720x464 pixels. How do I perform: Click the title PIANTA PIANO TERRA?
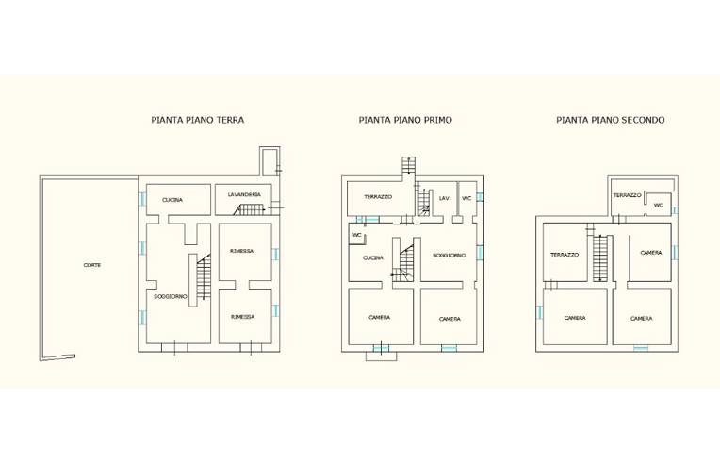[x=198, y=120]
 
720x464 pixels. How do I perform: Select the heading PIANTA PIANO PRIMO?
[x=405, y=120]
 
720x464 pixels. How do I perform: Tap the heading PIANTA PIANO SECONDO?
[x=611, y=120]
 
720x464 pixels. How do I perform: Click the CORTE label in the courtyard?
[x=91, y=265]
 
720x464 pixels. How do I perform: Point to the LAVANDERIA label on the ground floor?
[x=244, y=195]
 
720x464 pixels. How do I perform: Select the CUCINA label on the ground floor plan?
[x=172, y=200]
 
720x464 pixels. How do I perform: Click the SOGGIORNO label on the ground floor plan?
[x=171, y=297]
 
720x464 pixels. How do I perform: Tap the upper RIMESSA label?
[x=242, y=251]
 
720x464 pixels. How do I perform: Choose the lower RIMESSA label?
[x=242, y=317]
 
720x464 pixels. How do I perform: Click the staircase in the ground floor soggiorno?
[x=204, y=277]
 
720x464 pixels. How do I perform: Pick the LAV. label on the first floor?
[x=445, y=198]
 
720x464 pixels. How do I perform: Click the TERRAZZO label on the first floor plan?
[x=378, y=196]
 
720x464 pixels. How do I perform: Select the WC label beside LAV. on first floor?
[x=466, y=198]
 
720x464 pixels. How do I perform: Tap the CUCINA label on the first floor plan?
[x=373, y=258]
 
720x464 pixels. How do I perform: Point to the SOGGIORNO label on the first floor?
[x=450, y=255]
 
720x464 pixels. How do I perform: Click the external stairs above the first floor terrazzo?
[x=408, y=165]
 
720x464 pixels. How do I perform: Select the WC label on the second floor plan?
[x=658, y=206]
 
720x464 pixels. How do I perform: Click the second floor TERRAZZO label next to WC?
[x=628, y=195]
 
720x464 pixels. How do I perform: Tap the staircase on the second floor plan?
[x=600, y=257]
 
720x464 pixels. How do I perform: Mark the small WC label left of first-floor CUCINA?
[x=357, y=235]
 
